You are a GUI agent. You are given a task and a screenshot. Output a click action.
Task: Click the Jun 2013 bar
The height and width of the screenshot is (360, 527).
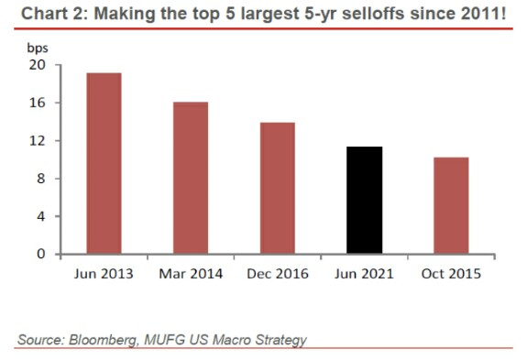pos(104,163)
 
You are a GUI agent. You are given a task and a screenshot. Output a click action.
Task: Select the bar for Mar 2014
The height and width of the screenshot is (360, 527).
pos(191,178)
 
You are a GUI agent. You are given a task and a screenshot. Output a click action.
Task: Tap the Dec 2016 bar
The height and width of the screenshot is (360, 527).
pos(278,188)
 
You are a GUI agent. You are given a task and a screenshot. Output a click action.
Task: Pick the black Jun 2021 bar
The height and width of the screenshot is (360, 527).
pos(365,200)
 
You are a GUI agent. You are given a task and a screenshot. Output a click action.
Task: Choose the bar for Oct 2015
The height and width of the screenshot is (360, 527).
pos(451,205)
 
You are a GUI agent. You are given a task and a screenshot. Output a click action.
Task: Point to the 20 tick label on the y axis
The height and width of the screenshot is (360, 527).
pos(37,65)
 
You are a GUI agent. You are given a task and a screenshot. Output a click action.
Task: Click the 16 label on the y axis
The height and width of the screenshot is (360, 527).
pos(37,103)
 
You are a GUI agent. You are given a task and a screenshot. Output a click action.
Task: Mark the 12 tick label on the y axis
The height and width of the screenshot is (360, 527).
pos(37,141)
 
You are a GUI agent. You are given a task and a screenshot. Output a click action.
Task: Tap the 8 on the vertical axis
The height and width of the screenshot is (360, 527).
pos(41,179)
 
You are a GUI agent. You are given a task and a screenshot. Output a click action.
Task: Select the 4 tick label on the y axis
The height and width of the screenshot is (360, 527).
pos(41,216)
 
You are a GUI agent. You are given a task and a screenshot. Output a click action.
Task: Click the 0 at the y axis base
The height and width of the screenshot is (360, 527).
pos(41,254)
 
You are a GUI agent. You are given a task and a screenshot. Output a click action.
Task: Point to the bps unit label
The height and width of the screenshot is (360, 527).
pos(38,49)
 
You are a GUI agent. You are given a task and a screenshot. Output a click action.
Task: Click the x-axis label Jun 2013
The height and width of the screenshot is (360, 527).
pos(104,274)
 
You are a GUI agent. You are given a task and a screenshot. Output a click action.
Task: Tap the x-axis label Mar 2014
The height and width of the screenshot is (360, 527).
pos(191,274)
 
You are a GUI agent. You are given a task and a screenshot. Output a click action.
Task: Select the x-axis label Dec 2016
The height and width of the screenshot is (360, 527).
pos(278,274)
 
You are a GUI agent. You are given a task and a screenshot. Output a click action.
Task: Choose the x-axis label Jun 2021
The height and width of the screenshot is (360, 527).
pos(364,274)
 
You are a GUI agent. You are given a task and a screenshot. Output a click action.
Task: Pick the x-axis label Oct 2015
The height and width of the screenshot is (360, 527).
pos(451,274)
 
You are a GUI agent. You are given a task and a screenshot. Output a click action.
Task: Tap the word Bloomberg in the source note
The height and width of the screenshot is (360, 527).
pos(104,340)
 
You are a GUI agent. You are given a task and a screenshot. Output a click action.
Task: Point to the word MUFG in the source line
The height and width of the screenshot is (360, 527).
pos(165,340)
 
